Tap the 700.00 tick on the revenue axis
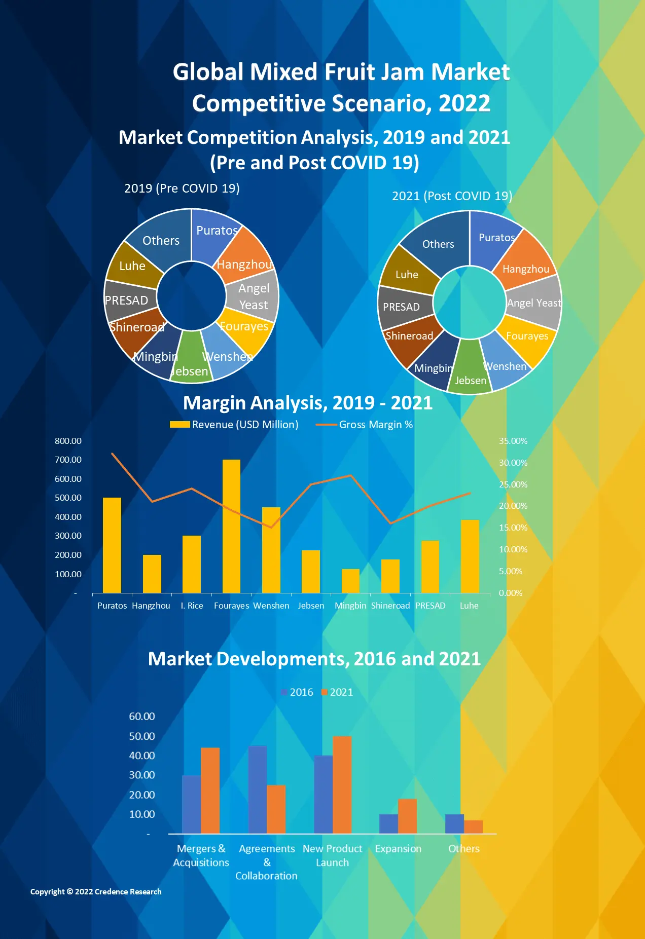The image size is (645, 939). [x=68, y=460]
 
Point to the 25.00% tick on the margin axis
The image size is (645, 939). [x=513, y=484]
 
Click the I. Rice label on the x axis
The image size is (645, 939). [x=192, y=606]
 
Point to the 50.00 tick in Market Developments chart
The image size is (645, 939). [x=141, y=736]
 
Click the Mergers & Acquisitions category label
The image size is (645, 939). [x=201, y=855]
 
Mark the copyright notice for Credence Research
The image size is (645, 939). [x=96, y=891]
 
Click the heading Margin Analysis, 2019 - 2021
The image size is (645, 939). [x=308, y=403]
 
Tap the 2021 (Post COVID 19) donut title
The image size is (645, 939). [x=452, y=196]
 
